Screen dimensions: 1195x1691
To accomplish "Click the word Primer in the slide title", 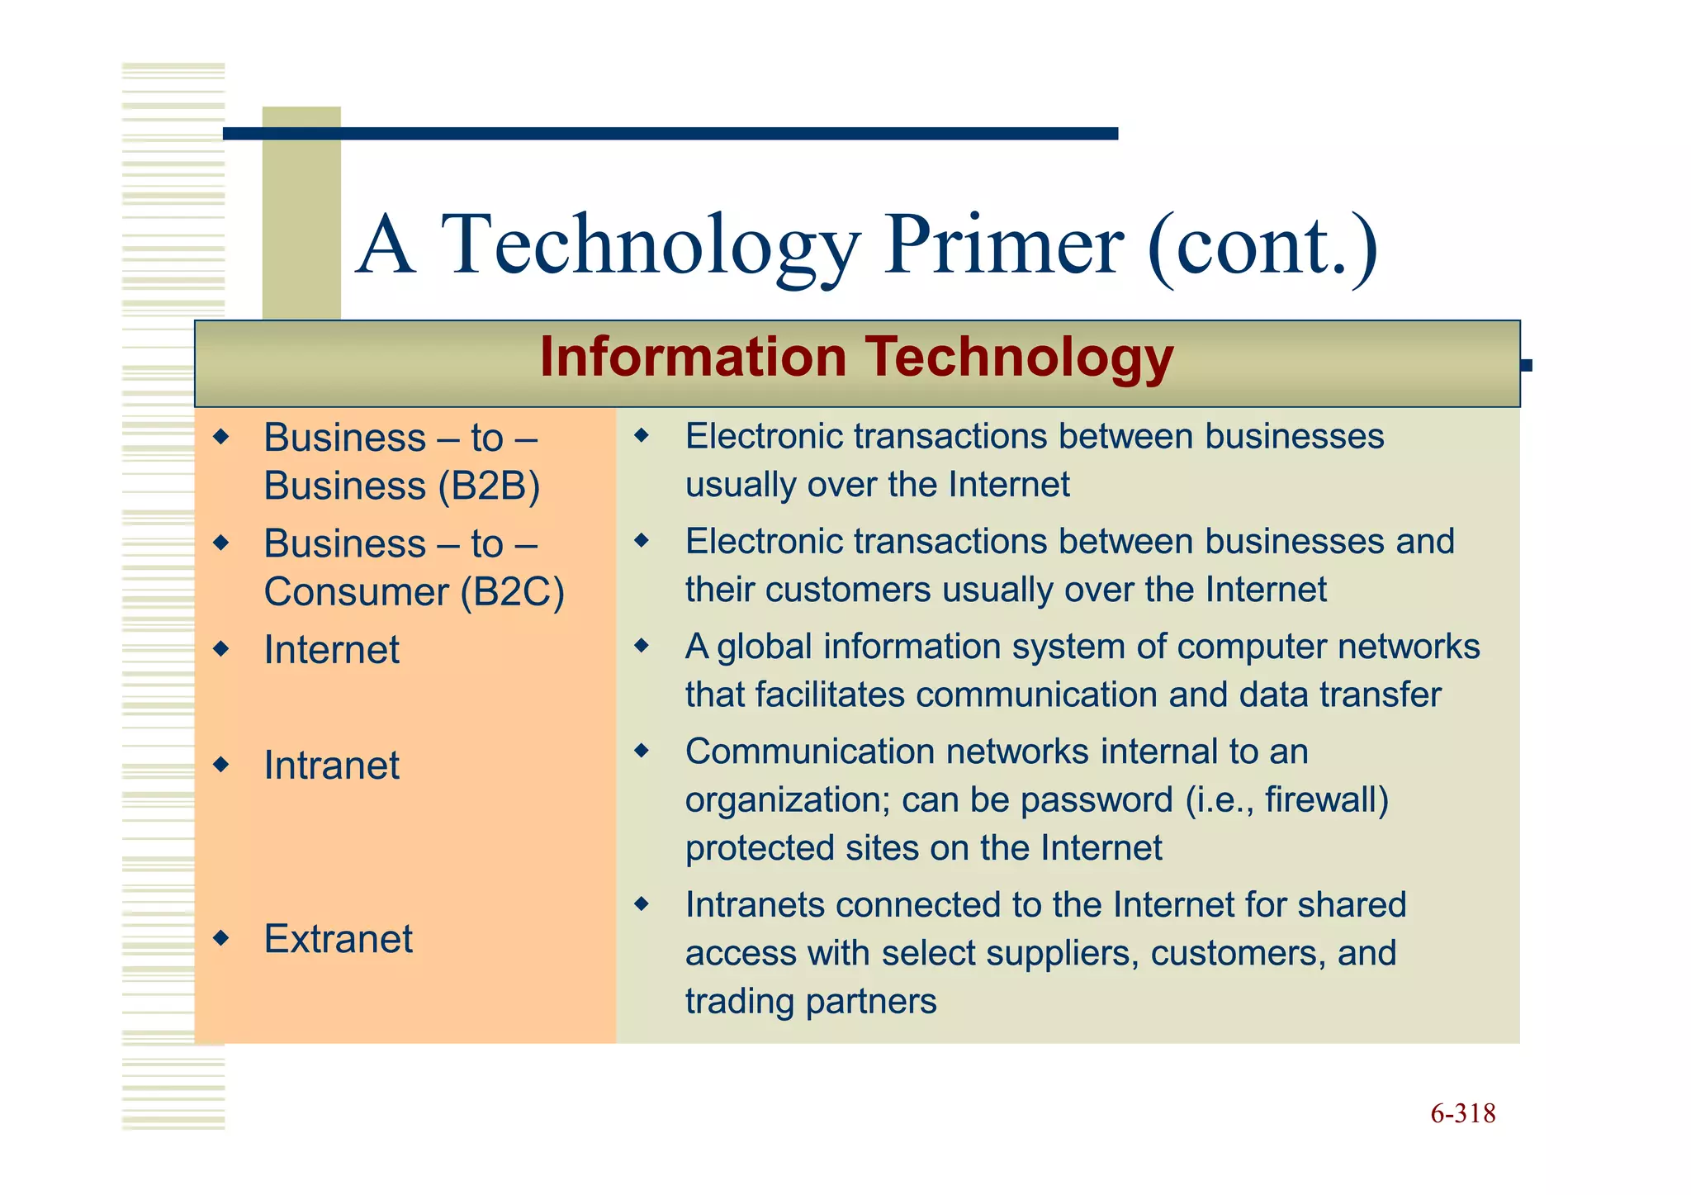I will (x=1002, y=245).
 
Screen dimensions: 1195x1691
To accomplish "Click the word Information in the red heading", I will (x=693, y=357).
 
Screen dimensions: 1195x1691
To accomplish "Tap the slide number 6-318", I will (x=1462, y=1113).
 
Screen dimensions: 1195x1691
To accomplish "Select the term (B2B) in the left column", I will (x=489, y=486).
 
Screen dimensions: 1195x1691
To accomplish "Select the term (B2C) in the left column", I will (x=512, y=592).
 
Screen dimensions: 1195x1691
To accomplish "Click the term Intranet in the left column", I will (x=331, y=765).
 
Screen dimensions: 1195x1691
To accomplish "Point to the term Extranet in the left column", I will (x=338, y=938).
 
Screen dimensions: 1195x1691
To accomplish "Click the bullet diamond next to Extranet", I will (x=220, y=938).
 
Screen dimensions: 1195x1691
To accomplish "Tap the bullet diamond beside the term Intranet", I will (x=220, y=765).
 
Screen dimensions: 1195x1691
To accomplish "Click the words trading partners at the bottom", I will (x=810, y=1001).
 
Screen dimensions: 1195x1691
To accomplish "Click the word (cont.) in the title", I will (x=1262, y=245).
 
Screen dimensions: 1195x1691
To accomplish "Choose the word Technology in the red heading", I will (x=1019, y=357).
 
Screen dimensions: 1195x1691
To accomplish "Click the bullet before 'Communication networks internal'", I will (x=642, y=751).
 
